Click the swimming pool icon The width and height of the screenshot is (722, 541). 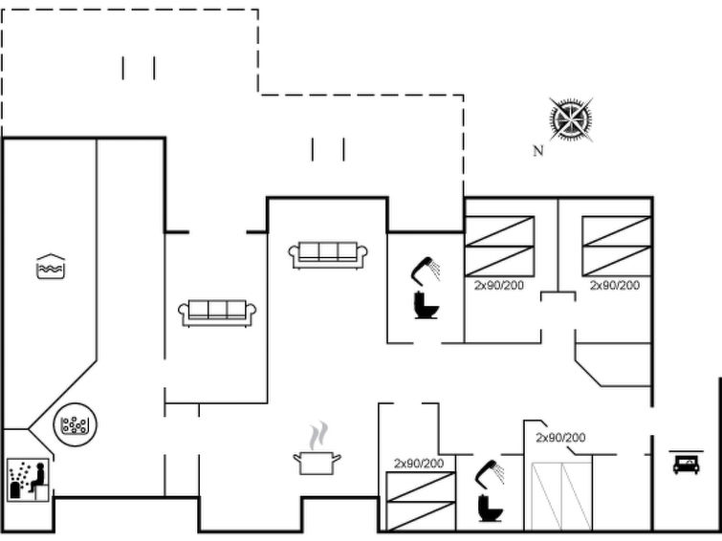50,267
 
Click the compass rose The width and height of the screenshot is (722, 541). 572,119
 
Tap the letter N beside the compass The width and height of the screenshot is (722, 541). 538,150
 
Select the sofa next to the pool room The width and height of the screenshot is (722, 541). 217,313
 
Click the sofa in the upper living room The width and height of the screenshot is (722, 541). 328,254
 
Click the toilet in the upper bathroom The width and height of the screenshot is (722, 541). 426,305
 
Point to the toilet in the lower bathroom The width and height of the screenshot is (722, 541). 489,504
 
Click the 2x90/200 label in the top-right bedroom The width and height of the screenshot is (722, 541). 614,285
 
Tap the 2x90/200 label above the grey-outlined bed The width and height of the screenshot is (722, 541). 560,438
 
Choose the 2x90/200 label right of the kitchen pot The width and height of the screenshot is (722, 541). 419,464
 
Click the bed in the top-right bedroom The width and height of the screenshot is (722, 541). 617,247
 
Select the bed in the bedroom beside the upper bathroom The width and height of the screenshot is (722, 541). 499,247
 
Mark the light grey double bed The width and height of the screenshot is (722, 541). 561,495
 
